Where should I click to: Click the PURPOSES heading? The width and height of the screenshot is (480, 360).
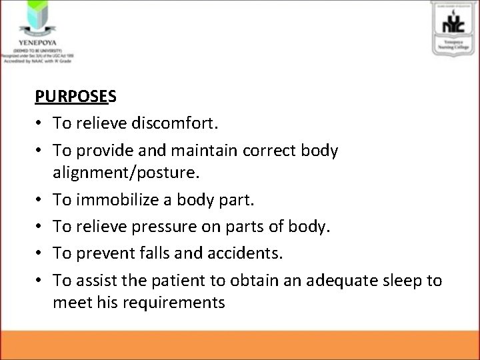click(x=76, y=96)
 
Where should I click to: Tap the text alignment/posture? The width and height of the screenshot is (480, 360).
click(x=123, y=173)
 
